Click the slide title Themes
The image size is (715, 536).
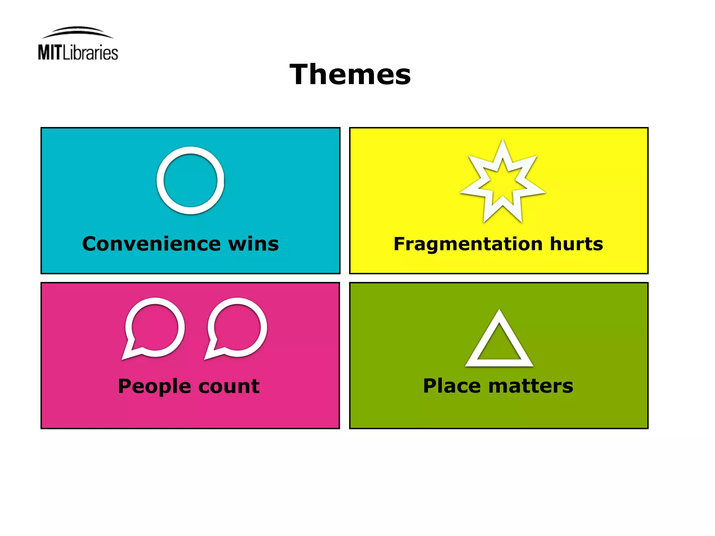pyautogui.click(x=350, y=74)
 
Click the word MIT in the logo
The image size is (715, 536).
pyautogui.click(x=50, y=53)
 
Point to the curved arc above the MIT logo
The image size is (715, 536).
pyautogui.click(x=78, y=30)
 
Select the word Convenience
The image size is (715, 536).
pyautogui.click(x=151, y=244)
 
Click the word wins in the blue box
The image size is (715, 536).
pyautogui.click(x=253, y=244)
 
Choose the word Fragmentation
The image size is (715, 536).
pyautogui.click(x=468, y=244)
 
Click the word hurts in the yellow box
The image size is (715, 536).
pyautogui.click(x=576, y=244)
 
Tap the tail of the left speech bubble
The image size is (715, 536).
pyautogui.click(x=126, y=355)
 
